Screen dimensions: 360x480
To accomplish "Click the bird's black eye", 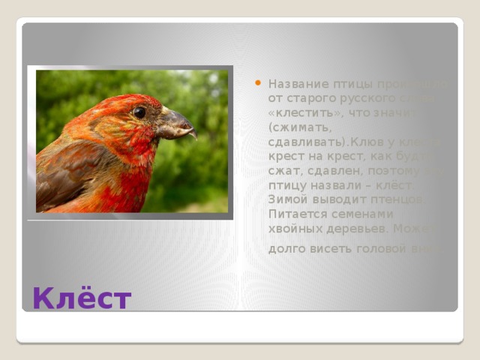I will (x=139, y=112).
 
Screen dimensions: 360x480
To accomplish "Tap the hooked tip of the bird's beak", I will (x=193, y=136).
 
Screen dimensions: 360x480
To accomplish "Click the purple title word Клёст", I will (x=82, y=299).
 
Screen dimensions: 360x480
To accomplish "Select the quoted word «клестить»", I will (x=298, y=112).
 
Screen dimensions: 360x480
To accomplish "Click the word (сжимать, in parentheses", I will (x=295, y=126).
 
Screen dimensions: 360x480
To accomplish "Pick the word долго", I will (x=286, y=248).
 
